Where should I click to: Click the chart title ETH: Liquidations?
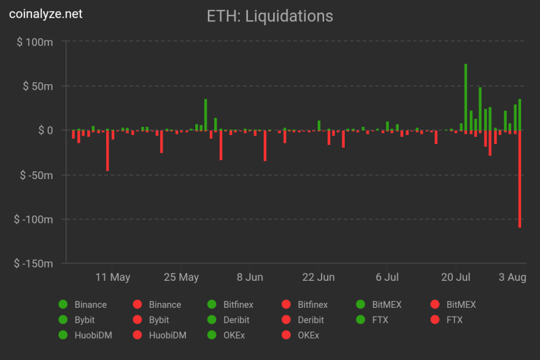[270, 16]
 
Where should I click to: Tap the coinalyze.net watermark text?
[45, 13]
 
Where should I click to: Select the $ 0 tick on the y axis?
[43, 131]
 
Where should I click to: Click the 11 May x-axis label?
[113, 277]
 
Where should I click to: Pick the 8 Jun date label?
[250, 277]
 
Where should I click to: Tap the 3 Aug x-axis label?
[512, 277]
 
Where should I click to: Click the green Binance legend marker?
[63, 305]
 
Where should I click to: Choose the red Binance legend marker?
[138, 305]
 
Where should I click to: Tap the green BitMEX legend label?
[387, 305]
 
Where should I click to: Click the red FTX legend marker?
[435, 320]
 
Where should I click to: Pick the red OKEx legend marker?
[286, 335]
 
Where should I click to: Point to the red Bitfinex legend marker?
[286, 305]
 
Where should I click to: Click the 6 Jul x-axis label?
[387, 277]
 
